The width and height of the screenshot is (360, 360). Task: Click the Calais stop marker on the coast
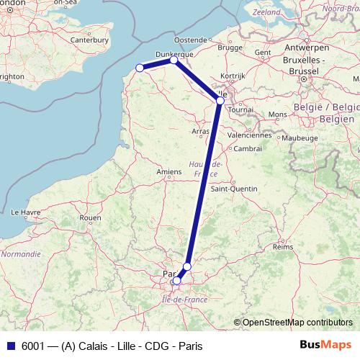pos(140,68)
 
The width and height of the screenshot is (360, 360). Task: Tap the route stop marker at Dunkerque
pos(174,60)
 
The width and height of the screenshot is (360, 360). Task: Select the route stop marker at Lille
pos(220,100)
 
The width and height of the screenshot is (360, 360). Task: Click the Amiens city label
pos(169,172)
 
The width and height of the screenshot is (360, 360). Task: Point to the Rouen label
pos(90,217)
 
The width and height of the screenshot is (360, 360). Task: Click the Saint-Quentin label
pos(233,189)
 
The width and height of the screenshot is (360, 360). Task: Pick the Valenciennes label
pos(249,135)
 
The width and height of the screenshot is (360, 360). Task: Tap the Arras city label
pos(200,132)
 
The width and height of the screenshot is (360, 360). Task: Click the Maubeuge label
pos(300,138)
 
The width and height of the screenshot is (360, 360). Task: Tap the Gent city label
pos(263,53)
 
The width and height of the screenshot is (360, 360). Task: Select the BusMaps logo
pos(325,345)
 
